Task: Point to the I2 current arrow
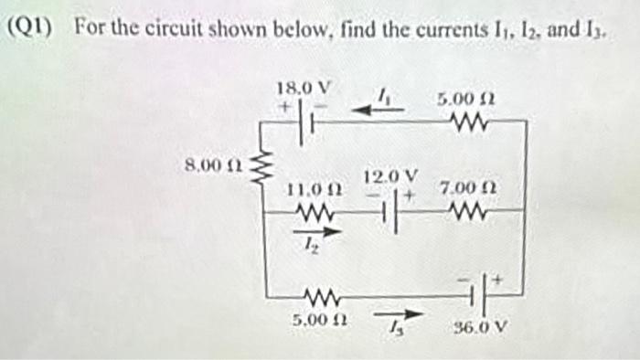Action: tap(316, 233)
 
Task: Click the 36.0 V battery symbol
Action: tap(485, 294)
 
